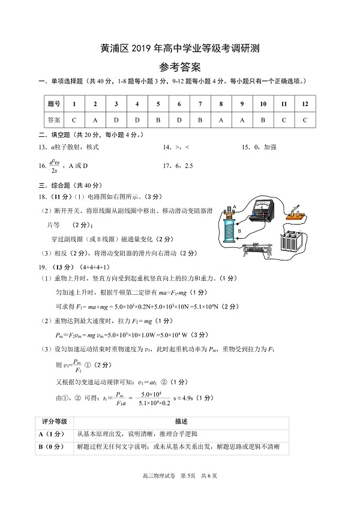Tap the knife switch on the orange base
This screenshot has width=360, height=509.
(296, 213)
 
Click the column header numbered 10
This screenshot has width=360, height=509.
(263, 104)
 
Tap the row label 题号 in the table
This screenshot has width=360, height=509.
(54, 104)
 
